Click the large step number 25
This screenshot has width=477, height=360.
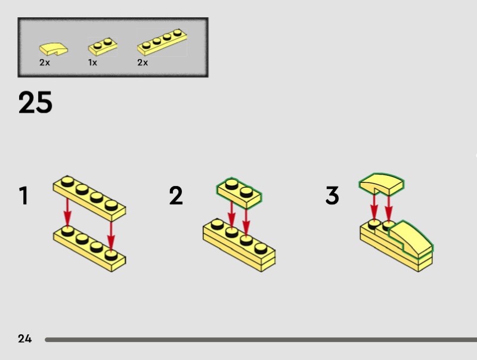pos(35,103)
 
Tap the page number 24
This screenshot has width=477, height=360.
pos(24,339)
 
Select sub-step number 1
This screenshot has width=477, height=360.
pos(24,195)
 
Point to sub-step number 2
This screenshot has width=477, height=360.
pos(176,195)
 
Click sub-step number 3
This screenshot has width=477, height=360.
pos(332,195)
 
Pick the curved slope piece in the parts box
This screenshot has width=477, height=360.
pos(54,49)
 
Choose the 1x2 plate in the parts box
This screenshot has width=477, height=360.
pos(103,46)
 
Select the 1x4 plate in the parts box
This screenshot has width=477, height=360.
pos(162,42)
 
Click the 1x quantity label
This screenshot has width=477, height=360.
pos(92,63)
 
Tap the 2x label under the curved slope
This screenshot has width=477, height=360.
pos(44,63)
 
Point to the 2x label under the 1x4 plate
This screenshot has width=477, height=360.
pos(143,63)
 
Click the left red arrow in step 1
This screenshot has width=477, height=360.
pos(67,212)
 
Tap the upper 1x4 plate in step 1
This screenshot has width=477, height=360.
pos(89,198)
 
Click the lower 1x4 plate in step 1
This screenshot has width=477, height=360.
pos(89,249)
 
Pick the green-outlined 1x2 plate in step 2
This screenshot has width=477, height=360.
pos(239,193)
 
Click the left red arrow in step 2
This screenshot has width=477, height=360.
pos(232,216)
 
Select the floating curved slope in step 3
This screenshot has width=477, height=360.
pos(382,184)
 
